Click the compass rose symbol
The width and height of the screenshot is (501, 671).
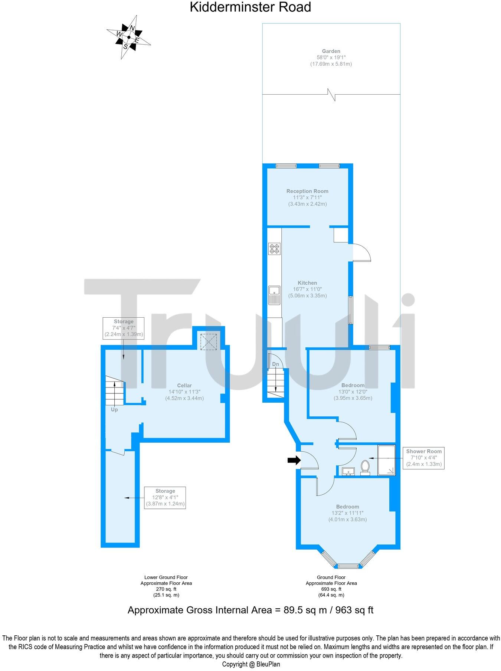[x=129, y=37]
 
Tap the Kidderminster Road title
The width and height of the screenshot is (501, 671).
[x=250, y=7]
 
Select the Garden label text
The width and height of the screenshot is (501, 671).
[x=331, y=51]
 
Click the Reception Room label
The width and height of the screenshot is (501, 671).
[x=307, y=191]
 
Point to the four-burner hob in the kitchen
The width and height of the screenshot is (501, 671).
[x=275, y=248]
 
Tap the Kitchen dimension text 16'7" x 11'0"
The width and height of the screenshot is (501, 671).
[x=307, y=289]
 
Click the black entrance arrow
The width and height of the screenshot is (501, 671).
[x=294, y=461]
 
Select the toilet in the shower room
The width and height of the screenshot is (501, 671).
[x=365, y=468]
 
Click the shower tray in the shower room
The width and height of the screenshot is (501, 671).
[x=386, y=460]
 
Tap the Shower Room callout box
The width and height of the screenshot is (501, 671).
[x=423, y=458]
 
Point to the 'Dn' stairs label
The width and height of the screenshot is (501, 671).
[x=275, y=364]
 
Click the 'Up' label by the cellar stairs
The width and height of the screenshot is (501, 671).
[x=114, y=410]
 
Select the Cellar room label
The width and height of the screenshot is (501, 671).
[x=184, y=386]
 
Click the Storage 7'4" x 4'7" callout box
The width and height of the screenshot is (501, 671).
[x=124, y=328]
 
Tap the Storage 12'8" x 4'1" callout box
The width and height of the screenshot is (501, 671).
[x=165, y=497]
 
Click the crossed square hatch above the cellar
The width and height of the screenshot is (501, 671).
[x=209, y=341]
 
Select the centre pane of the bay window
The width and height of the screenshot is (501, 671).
[x=348, y=566]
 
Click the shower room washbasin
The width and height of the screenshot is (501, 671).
[x=348, y=471]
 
